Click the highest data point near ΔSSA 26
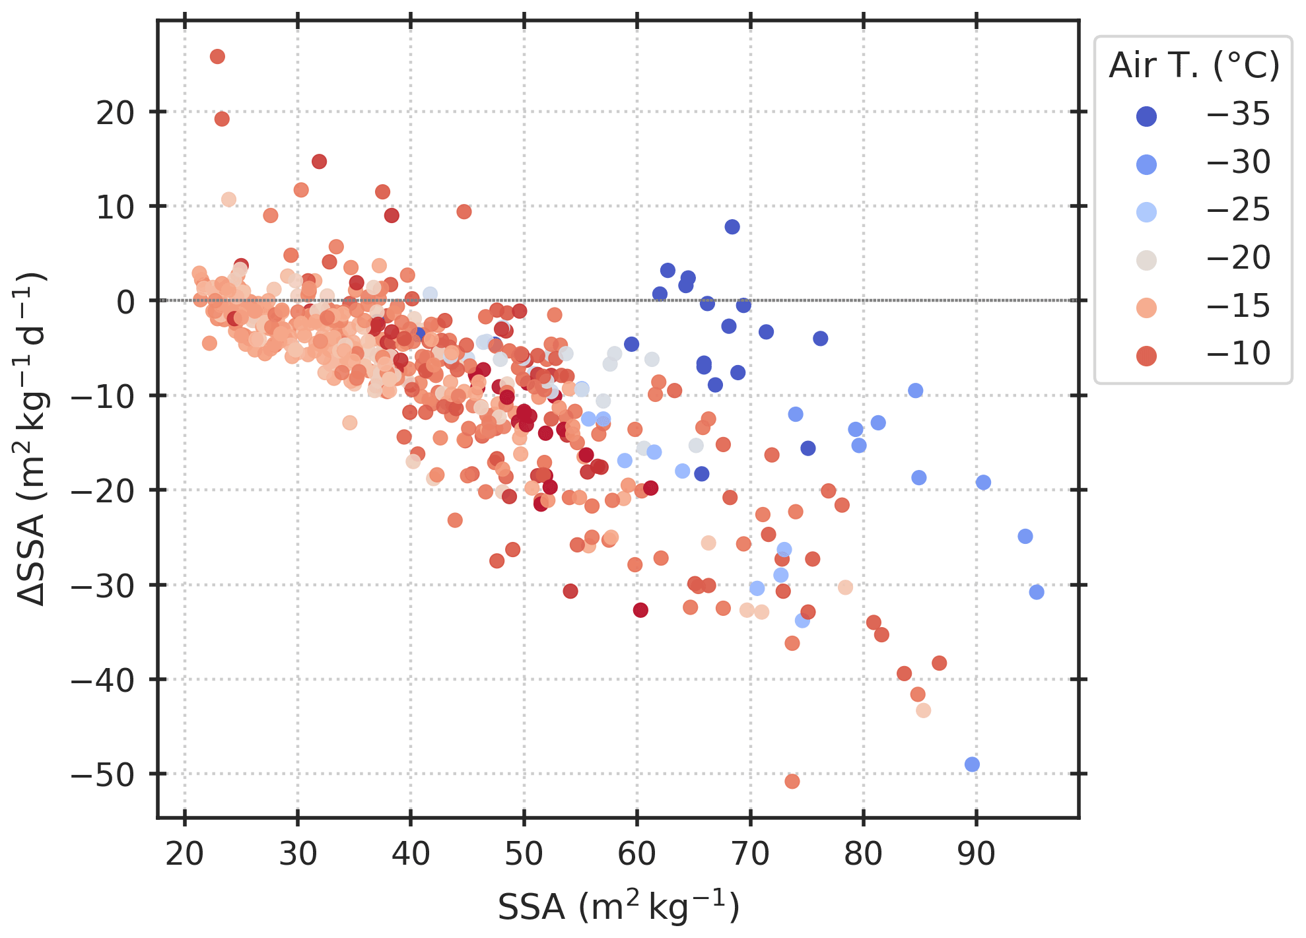tap(217, 57)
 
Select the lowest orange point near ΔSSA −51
tap(792, 782)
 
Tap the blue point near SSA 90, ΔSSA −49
tap(972, 764)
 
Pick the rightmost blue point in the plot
tap(1037, 592)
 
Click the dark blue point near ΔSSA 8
tap(732, 227)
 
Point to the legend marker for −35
tap(1147, 116)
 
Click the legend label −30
tap(1238, 162)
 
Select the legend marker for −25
tap(1147, 212)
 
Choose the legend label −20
tap(1238, 258)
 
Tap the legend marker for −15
tap(1147, 308)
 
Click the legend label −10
tap(1238, 354)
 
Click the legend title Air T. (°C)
tap(1194, 66)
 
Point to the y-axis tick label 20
tap(115, 113)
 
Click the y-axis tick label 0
tap(125, 302)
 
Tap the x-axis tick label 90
tap(976, 855)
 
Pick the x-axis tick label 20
tap(184, 855)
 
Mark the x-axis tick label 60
tap(636, 855)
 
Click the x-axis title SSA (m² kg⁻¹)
tap(618, 907)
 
